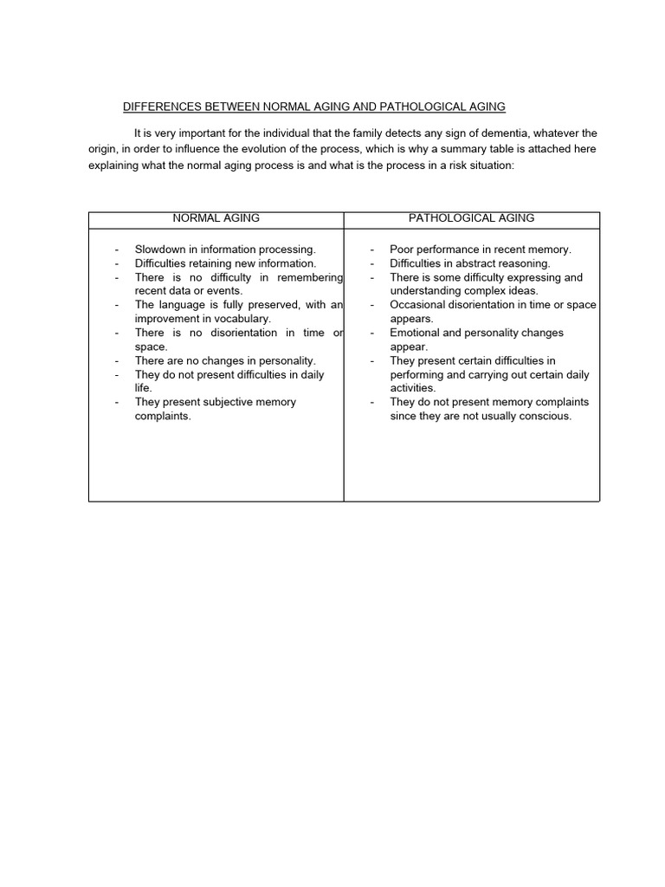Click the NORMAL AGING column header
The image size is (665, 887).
[216, 218]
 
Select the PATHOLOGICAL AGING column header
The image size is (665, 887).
[471, 218]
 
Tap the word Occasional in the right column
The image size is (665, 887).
[418, 305]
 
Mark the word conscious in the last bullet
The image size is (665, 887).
[546, 416]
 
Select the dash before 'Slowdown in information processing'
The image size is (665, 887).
[116, 249]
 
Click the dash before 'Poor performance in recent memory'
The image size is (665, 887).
[371, 249]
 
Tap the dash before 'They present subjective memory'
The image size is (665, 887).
[116, 402]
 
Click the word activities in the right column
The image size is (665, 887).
[411, 388]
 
